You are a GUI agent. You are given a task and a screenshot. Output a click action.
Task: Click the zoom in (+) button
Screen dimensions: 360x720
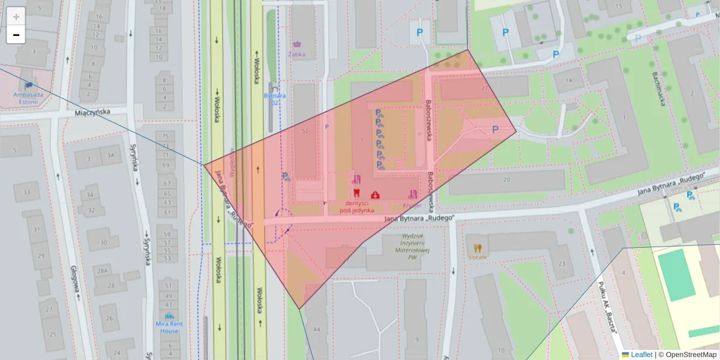pos(16,16)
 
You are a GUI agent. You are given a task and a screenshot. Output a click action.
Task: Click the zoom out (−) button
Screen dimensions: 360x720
pos(16,35)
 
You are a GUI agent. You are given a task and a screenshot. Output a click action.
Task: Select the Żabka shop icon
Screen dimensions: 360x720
pos(297,44)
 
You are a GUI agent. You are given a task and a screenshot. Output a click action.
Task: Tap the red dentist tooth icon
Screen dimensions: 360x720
pos(356,194)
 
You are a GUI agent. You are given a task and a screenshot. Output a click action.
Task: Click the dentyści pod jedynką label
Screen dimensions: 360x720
pos(356,206)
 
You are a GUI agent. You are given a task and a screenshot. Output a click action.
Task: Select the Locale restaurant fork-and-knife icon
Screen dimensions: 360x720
pos(478,248)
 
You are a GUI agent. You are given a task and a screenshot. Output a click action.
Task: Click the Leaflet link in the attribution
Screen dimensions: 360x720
pos(641,355)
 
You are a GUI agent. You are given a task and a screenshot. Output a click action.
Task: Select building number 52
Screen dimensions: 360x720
pos(305,131)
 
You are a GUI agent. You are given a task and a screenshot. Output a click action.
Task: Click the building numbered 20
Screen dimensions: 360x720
pos(507,179)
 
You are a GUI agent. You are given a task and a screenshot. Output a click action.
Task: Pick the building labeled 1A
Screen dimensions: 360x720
pos(568,80)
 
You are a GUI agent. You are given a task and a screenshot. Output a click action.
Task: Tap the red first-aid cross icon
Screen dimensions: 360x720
pos(375,194)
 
